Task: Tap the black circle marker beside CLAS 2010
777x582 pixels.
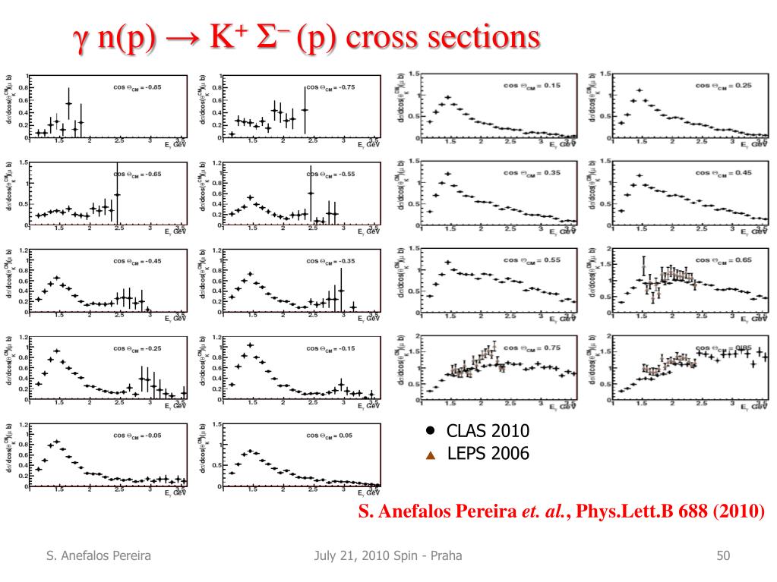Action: point(430,430)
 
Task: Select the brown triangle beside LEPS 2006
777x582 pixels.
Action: point(430,455)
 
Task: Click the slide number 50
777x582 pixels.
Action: point(723,558)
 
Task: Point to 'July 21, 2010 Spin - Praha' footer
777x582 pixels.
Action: point(388,558)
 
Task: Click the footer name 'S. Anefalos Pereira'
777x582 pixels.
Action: point(96,558)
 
